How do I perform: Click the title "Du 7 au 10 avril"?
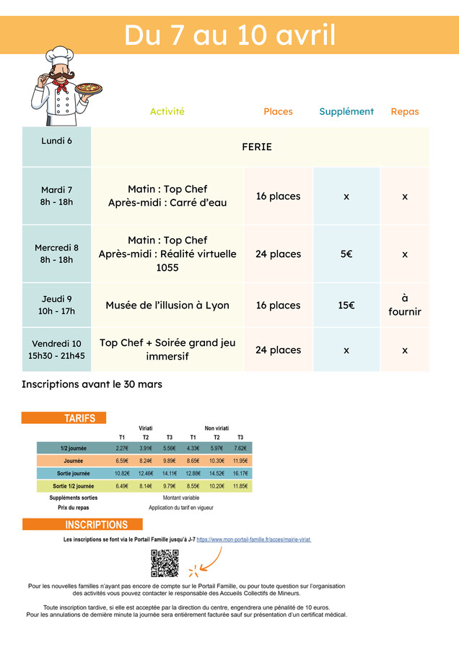click(x=229, y=35)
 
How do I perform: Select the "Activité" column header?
click(x=167, y=111)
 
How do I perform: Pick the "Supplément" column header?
click(x=346, y=111)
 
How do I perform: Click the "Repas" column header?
click(x=405, y=111)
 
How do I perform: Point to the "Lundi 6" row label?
click(x=56, y=140)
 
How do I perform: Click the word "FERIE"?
click(x=257, y=147)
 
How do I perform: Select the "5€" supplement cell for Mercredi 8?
click(x=346, y=254)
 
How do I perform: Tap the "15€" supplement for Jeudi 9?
click(x=346, y=305)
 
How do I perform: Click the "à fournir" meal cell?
click(x=405, y=305)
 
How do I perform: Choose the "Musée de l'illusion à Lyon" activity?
click(x=167, y=305)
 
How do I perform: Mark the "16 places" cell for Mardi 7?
click(x=278, y=196)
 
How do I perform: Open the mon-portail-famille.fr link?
click(x=253, y=539)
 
